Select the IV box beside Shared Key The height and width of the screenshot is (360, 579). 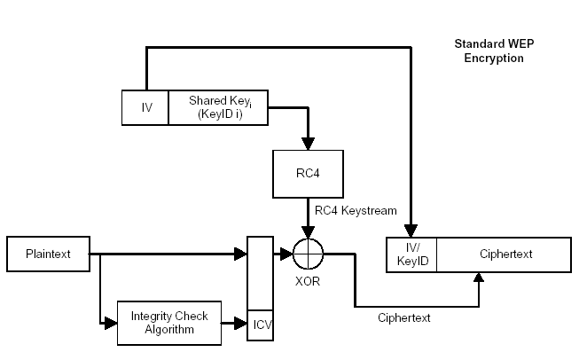coord(145,107)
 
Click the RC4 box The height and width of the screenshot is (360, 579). coord(309,172)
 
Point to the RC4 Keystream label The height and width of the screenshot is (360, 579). coord(356,210)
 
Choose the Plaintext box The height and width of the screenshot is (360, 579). coord(51,254)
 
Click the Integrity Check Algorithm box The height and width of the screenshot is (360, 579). coord(168,323)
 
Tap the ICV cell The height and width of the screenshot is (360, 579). coord(261,324)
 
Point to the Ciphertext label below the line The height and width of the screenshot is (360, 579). coord(403,317)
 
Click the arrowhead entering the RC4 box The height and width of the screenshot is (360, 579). coord(309,145)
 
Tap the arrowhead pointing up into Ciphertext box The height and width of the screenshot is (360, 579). coord(480,278)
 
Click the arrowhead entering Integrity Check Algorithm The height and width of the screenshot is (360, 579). coord(112,324)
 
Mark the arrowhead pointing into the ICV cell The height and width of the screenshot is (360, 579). coord(242,324)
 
